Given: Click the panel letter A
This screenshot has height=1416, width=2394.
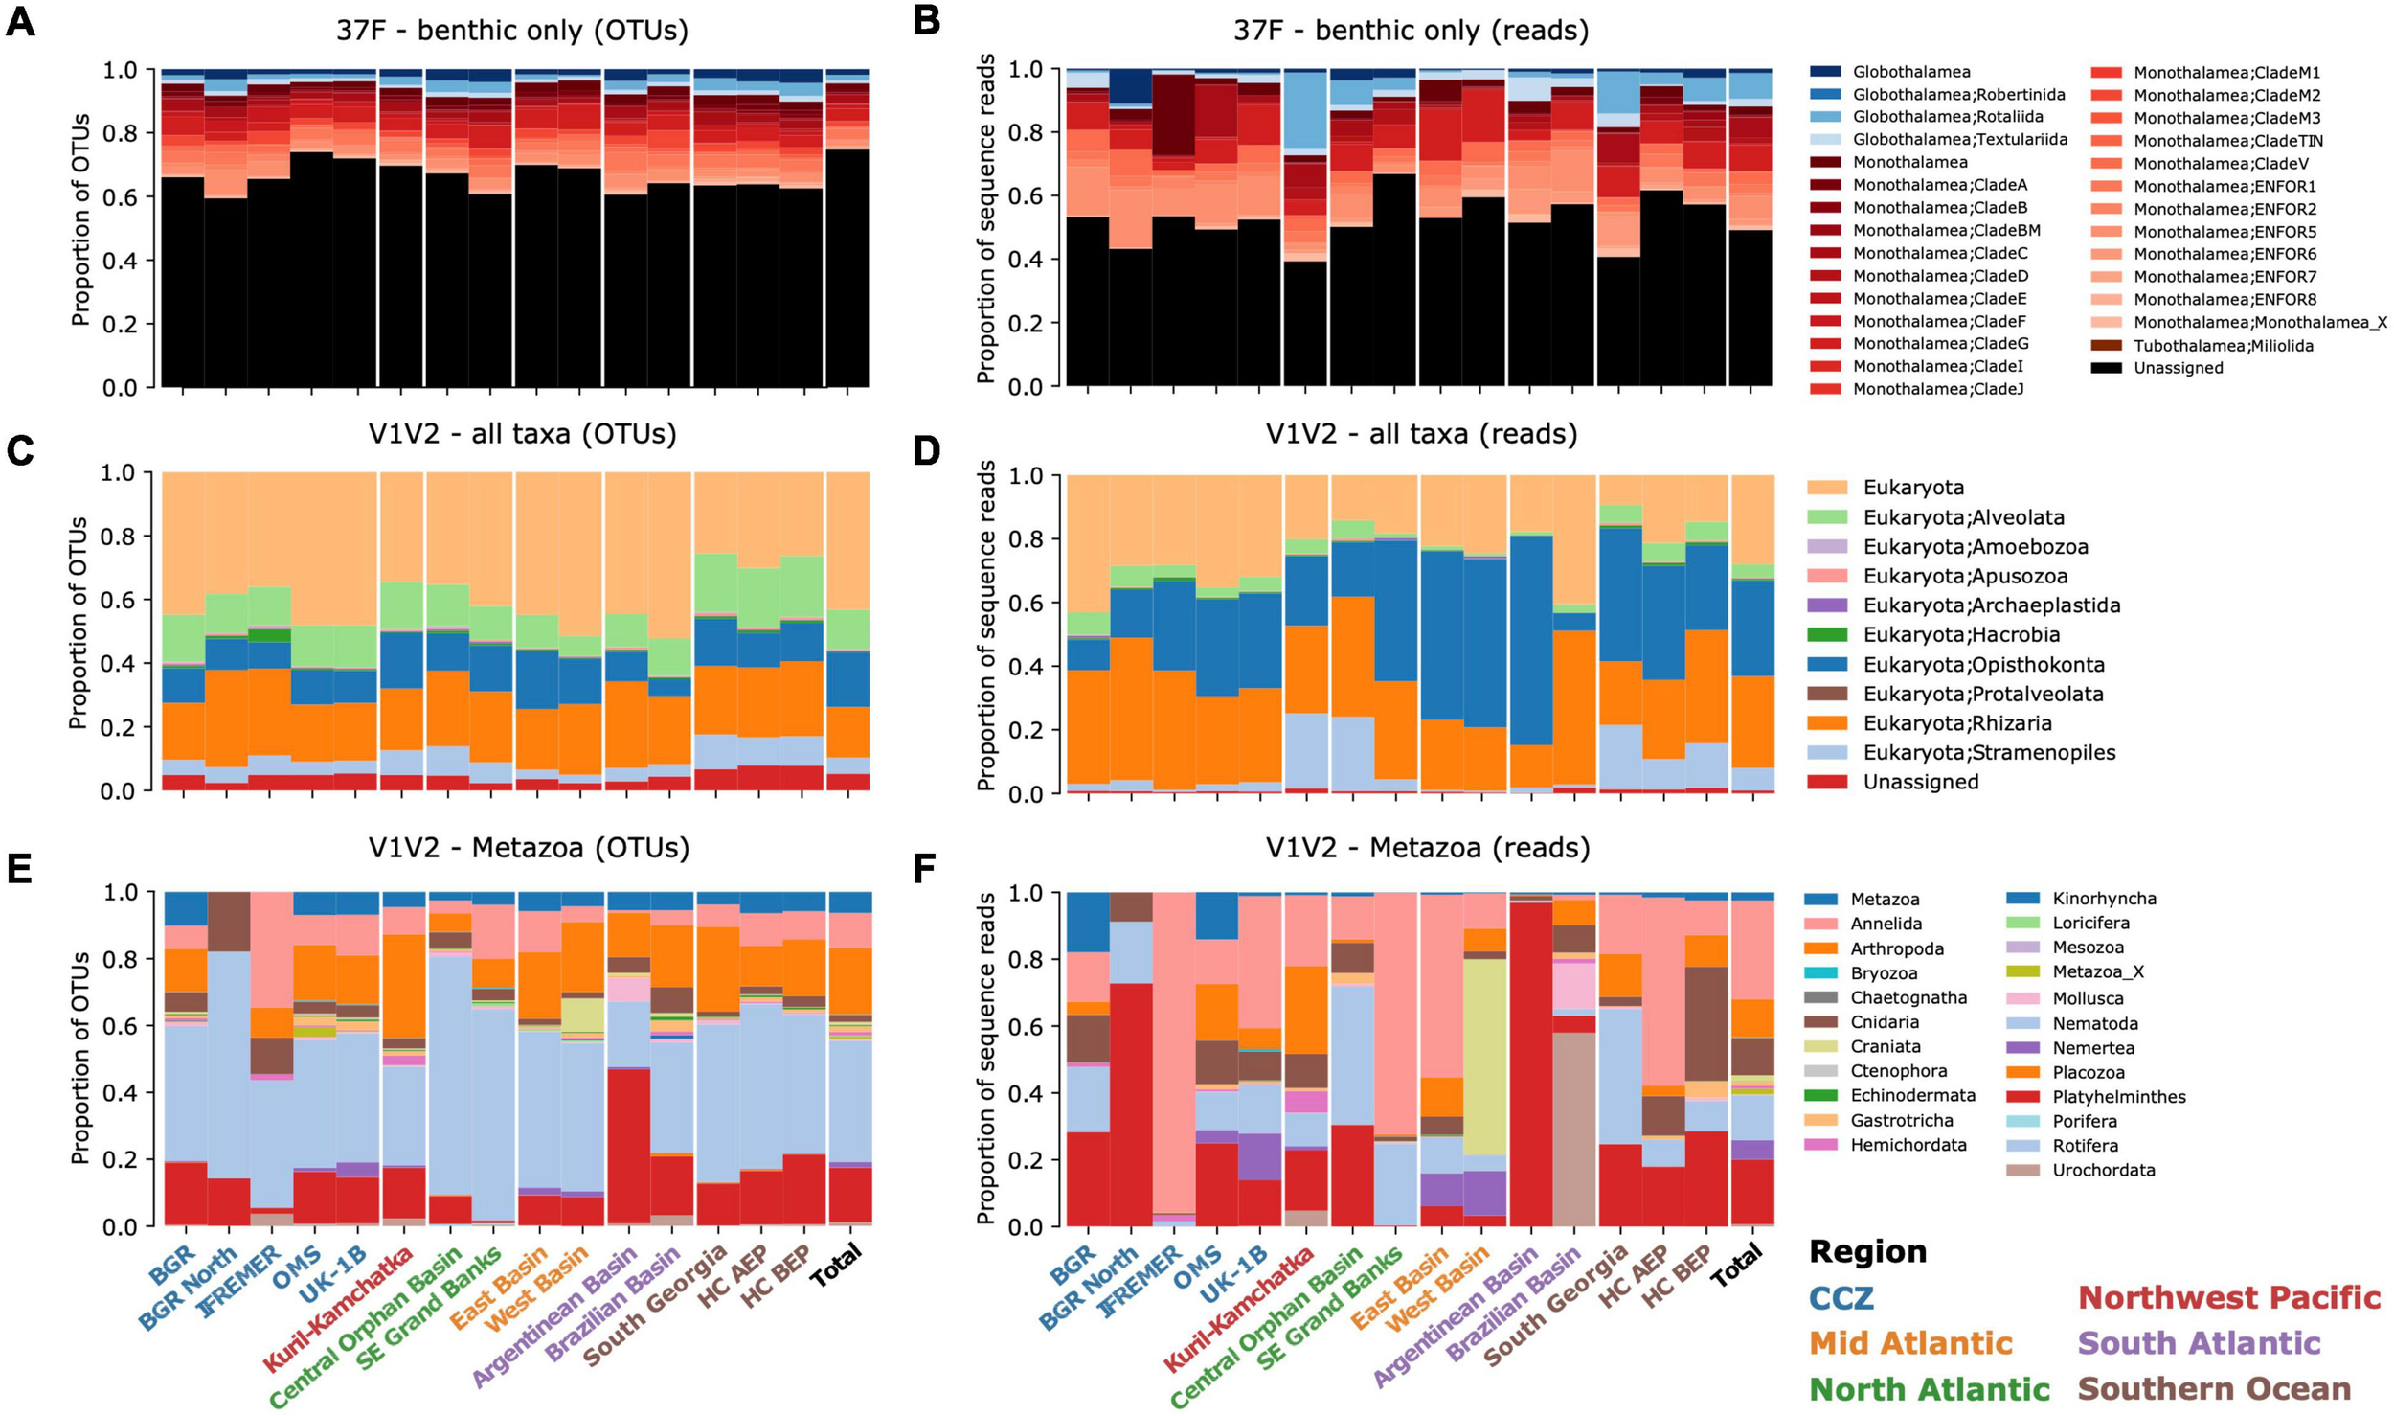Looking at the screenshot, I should (21, 21).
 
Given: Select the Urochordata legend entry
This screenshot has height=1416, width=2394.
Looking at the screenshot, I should (2104, 1171).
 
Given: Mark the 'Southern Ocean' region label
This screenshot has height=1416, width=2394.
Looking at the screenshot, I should (2214, 1389).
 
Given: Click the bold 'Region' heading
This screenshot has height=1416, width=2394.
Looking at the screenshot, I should (1867, 1252).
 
